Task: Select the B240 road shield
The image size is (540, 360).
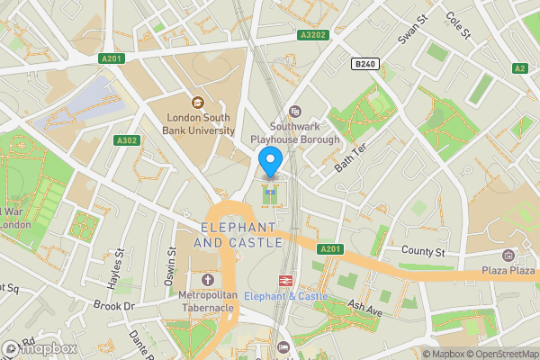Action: (x=364, y=64)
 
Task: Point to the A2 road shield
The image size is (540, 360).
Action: (x=519, y=67)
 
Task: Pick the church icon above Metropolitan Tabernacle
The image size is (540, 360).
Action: (x=208, y=280)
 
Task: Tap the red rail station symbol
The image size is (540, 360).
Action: (x=287, y=281)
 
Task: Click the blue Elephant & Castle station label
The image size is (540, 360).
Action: (x=286, y=296)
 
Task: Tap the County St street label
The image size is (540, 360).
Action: (x=423, y=253)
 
